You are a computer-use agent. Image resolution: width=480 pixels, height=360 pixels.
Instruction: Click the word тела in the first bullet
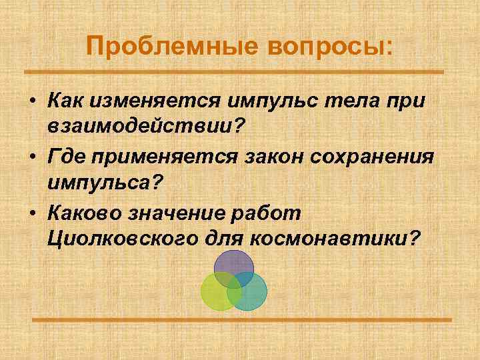pyautogui.click(x=354, y=102)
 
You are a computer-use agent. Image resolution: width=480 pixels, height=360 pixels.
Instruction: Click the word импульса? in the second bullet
pyautogui.click(x=105, y=182)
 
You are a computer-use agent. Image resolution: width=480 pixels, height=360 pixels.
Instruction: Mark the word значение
pyautogui.click(x=183, y=213)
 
